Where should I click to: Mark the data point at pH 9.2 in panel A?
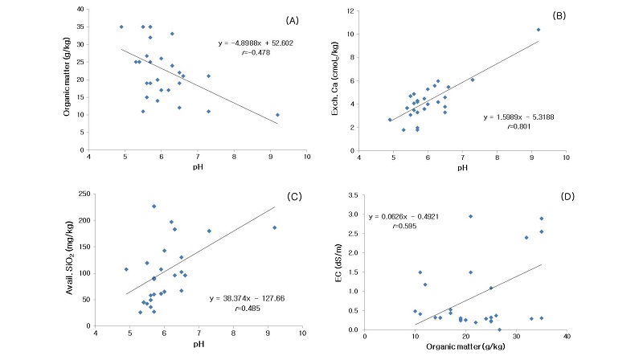[278, 115]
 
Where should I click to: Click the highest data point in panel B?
[539, 30]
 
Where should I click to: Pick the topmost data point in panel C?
[154, 206]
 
